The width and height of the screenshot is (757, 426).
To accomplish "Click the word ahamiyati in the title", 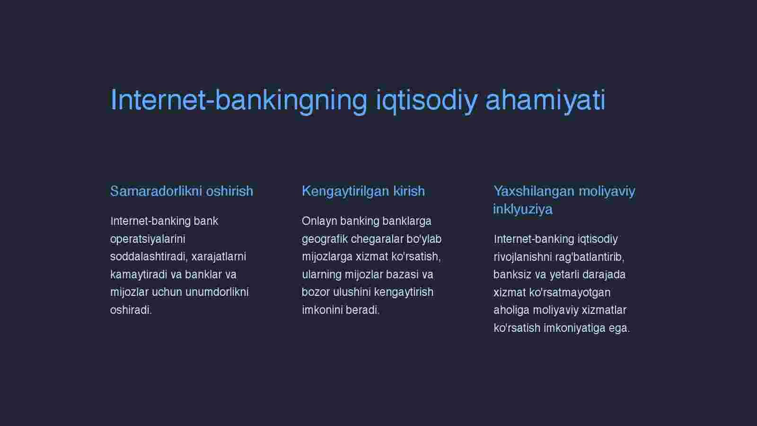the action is coord(545,100).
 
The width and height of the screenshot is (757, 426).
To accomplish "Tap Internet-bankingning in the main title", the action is coord(238,100).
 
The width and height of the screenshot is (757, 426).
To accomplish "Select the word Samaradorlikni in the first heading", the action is coord(156,191).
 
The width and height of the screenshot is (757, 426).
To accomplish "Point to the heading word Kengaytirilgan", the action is coord(345,192).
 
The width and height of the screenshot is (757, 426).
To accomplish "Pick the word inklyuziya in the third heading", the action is coord(523,209).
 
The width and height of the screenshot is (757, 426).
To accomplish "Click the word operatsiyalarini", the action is coord(148,240).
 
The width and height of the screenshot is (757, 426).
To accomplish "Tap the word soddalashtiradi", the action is coord(149,257).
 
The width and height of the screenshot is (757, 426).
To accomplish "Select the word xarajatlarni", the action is coord(219,257).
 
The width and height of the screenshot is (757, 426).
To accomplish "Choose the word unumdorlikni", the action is coord(217,292).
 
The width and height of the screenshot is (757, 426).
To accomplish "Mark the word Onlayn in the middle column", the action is coord(319,221).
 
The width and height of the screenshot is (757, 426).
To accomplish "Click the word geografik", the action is coord(325,240).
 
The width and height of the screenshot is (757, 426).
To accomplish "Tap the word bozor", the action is coord(316,292).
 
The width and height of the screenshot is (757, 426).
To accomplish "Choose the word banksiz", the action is coord(512,275).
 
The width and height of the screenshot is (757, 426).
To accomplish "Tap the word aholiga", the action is coord(511,311).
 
